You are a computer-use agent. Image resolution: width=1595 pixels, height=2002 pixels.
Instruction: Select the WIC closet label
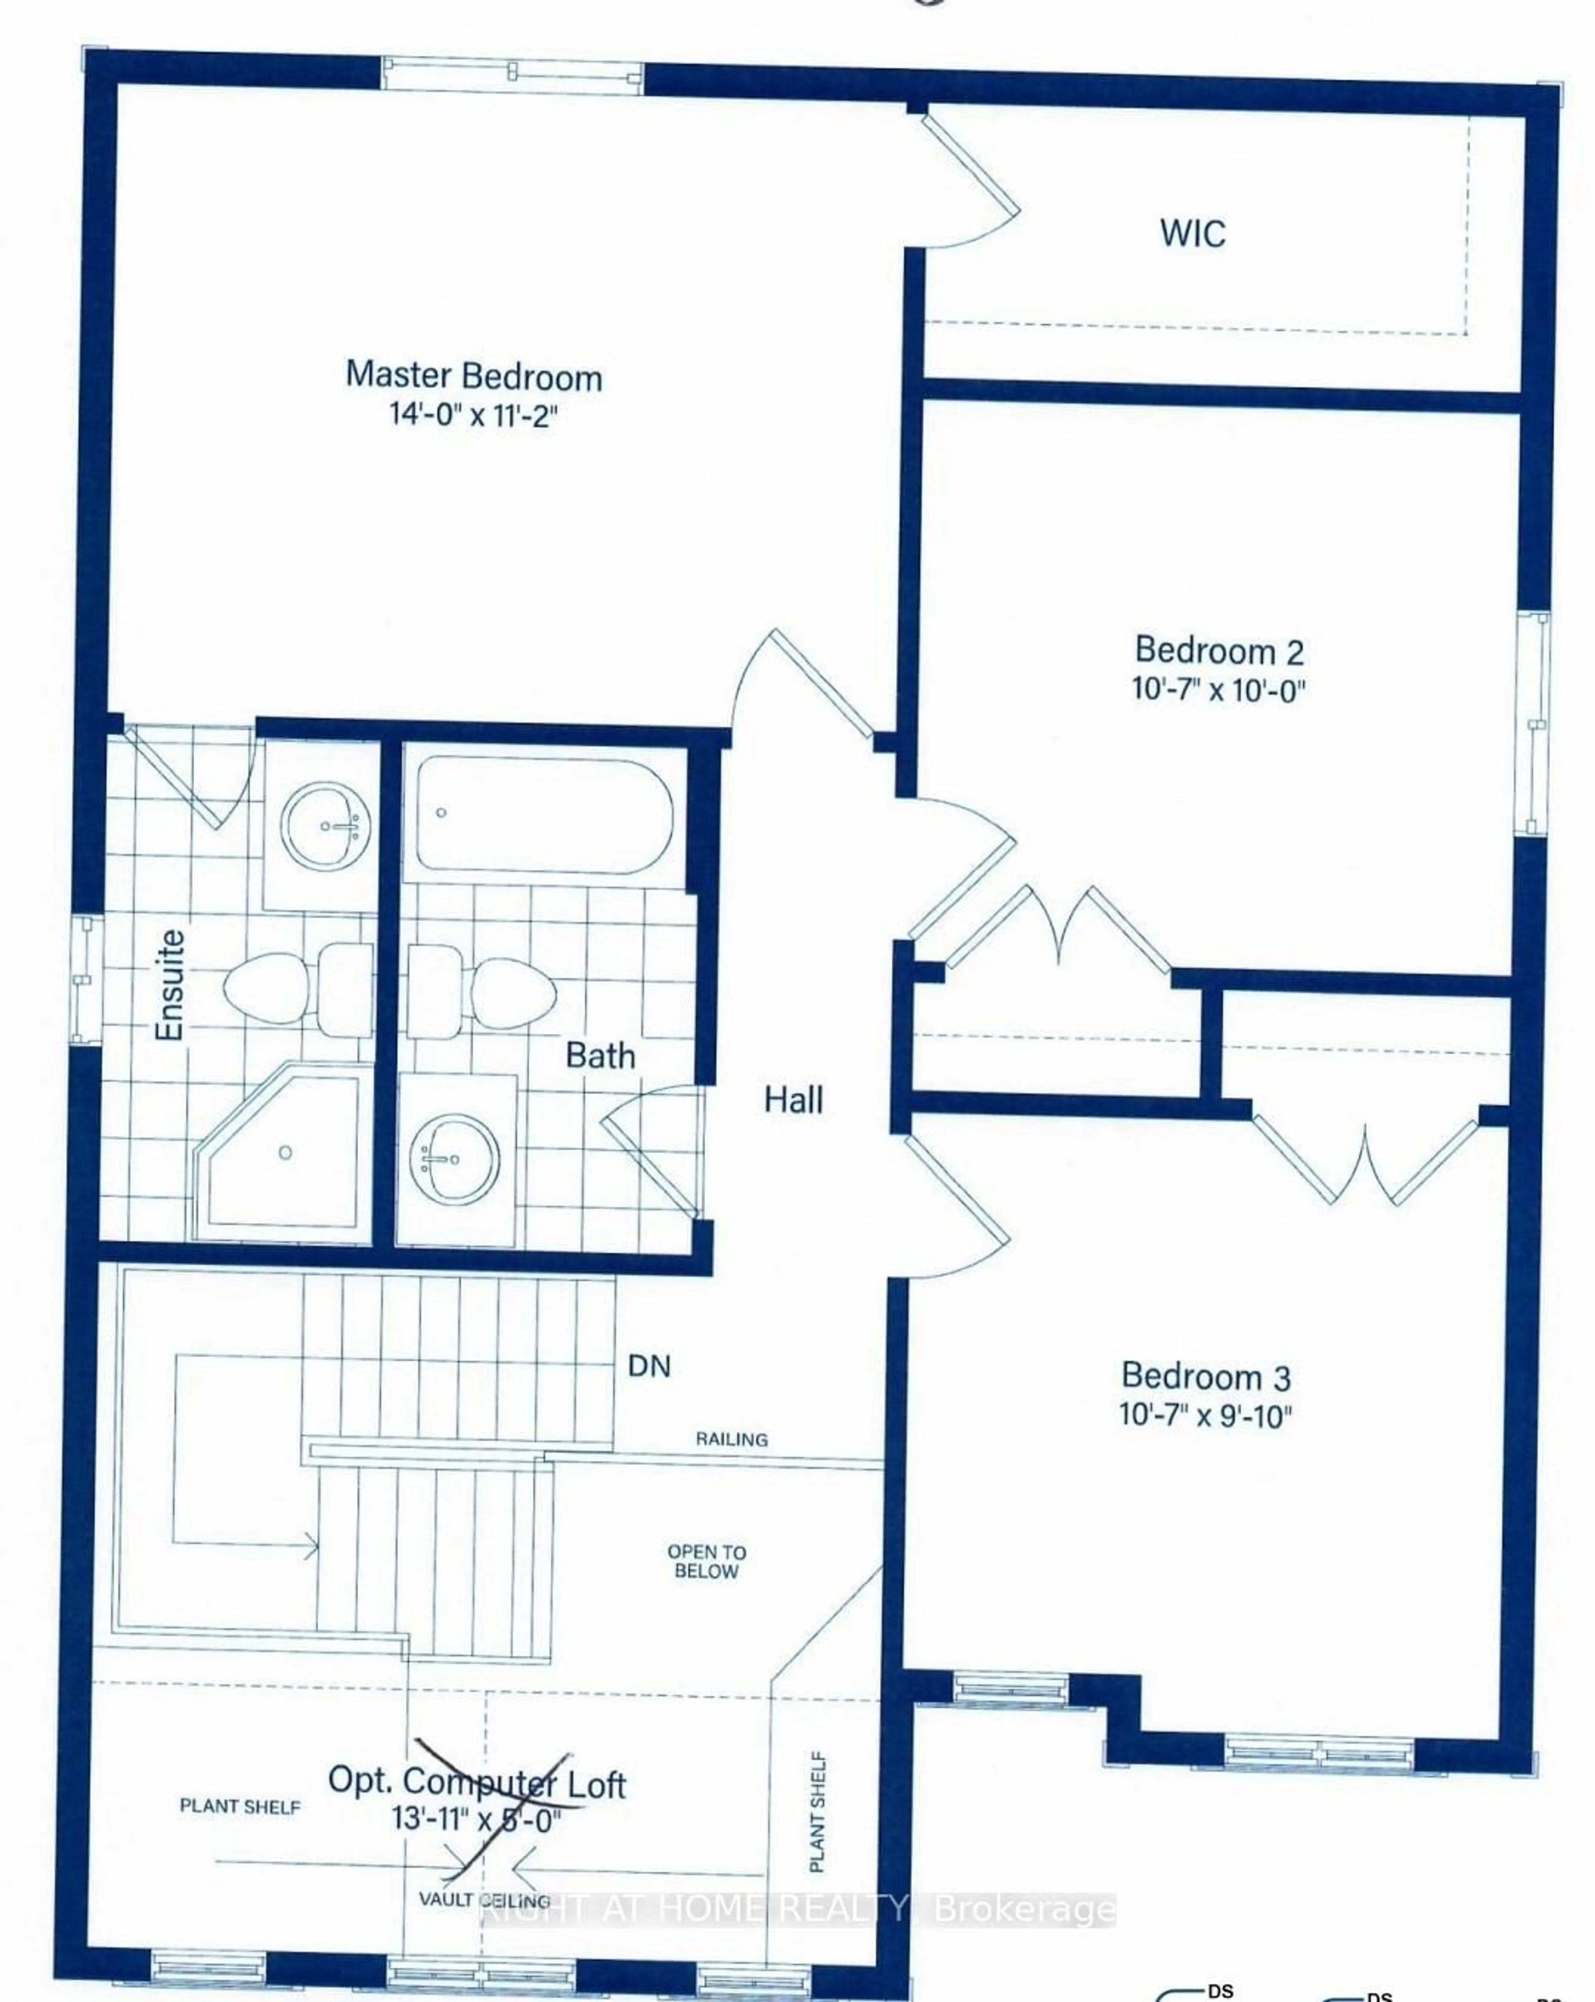[1192, 233]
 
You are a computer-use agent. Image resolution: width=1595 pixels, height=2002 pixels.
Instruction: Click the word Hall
[793, 1100]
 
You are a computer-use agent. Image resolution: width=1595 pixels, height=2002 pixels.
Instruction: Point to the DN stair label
[649, 1366]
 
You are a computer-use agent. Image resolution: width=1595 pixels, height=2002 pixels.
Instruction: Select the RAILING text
[731, 1440]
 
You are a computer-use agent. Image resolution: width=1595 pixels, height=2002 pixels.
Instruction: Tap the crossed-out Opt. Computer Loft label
[477, 1783]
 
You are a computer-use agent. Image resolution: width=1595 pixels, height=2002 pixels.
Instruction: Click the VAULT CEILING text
[484, 1900]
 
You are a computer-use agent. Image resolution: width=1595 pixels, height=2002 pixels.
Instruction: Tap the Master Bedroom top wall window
[512, 74]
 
